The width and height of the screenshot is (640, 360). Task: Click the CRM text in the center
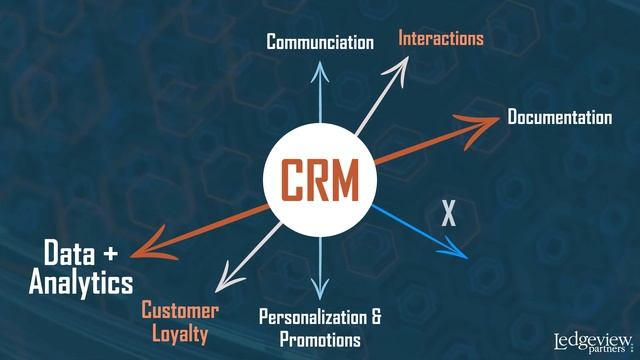[x=319, y=181]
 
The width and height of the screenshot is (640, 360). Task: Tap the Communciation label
[x=319, y=42]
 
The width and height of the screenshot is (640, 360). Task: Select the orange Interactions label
[x=441, y=39]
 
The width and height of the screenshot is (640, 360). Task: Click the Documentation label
[x=559, y=118]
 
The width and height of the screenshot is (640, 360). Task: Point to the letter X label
[x=449, y=211]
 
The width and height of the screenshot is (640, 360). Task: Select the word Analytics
[x=80, y=282]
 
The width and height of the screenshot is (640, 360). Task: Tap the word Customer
[x=180, y=310]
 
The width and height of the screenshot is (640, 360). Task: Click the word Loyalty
[x=180, y=335]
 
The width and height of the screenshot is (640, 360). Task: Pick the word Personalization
[x=313, y=318]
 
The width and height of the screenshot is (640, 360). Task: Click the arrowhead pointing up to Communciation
[x=319, y=65]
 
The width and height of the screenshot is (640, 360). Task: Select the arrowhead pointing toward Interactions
[x=400, y=68]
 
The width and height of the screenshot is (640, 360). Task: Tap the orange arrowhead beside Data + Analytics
[x=146, y=249]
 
